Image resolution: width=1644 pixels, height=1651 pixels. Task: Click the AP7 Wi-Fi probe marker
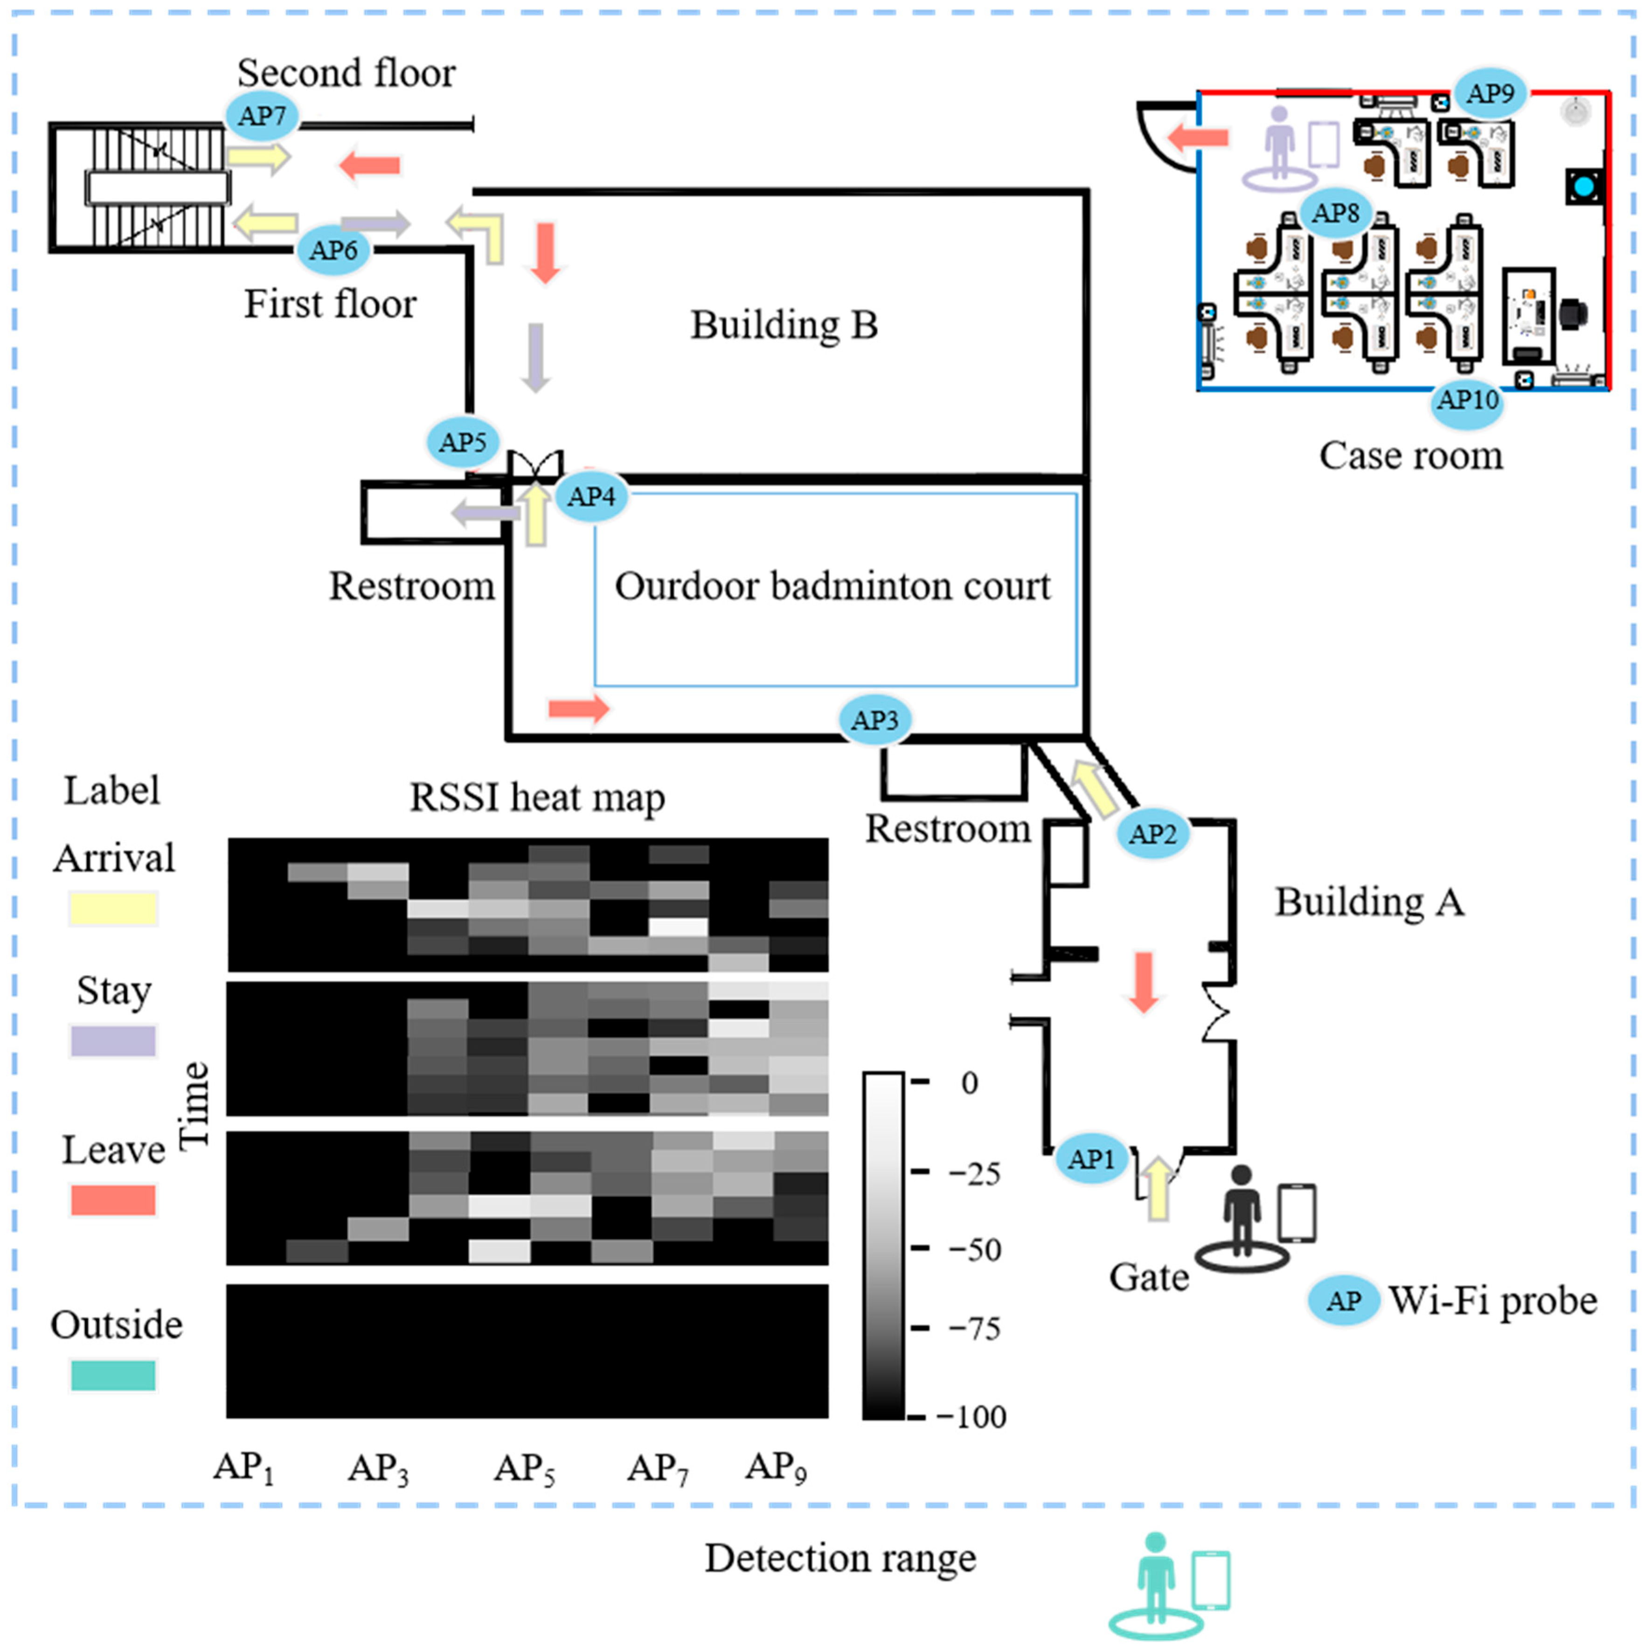click(262, 115)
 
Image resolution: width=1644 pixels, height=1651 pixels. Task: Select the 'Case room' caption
click(1411, 455)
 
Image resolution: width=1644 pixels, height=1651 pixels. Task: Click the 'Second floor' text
click(346, 73)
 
